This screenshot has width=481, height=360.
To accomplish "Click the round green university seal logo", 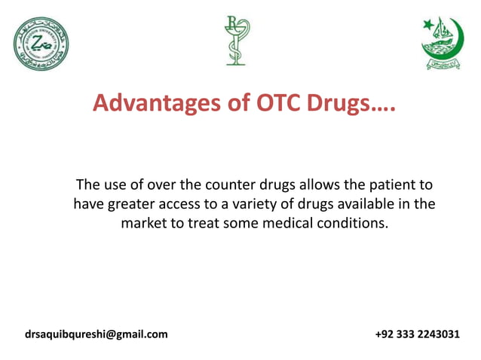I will point(41,44).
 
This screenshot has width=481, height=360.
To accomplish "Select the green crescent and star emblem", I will point(442,44).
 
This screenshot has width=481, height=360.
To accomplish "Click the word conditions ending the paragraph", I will point(358,224).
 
